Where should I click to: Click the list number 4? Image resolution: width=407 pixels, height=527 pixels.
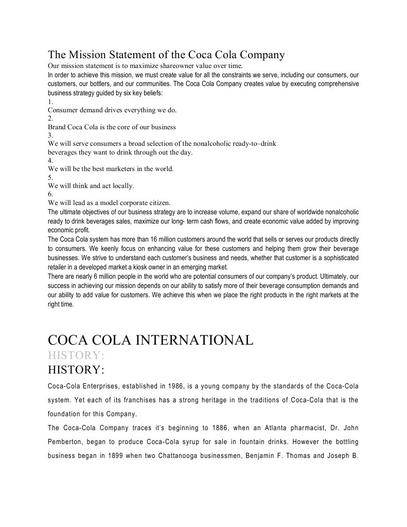(50, 160)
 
